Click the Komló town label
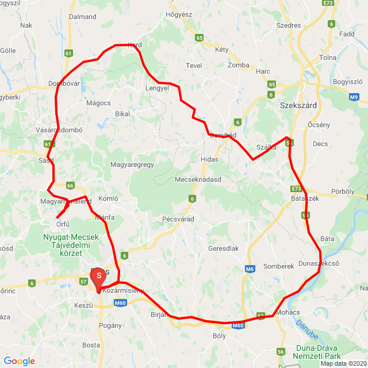click(x=108, y=198)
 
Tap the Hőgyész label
click(x=178, y=14)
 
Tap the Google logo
click(x=19, y=361)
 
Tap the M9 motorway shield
click(x=354, y=97)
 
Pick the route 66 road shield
click(x=70, y=185)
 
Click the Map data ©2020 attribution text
click(x=343, y=363)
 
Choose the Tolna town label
click(x=328, y=57)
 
